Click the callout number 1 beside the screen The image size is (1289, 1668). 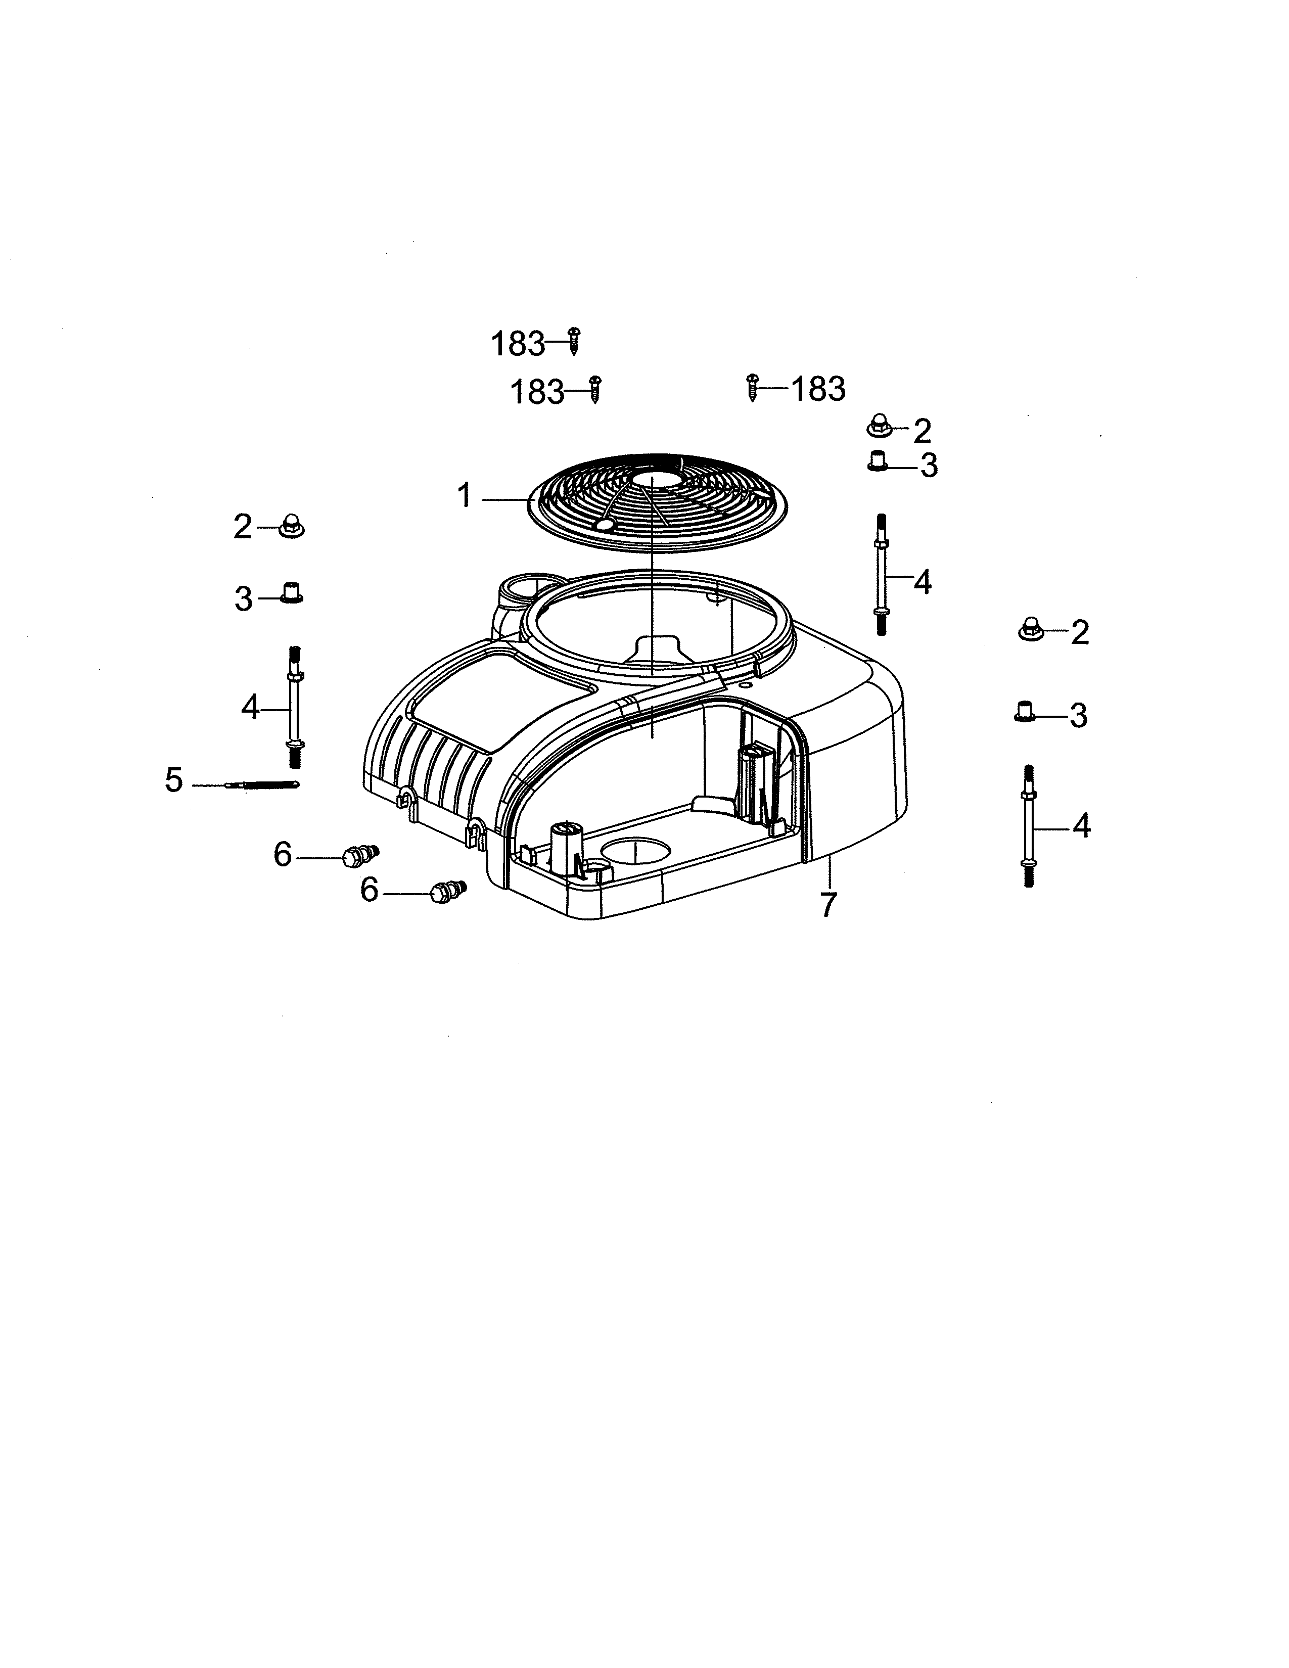[464, 496]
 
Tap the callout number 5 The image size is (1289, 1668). [174, 780]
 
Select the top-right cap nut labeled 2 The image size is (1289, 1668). [879, 426]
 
